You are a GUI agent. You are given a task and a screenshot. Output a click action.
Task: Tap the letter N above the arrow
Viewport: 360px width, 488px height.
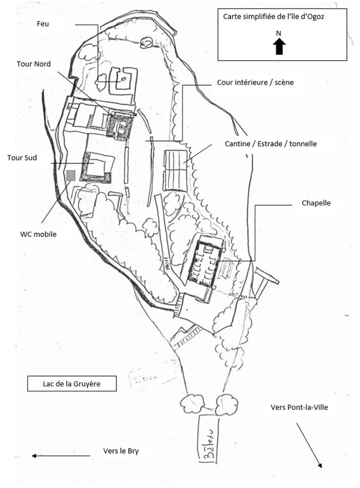click(x=279, y=33)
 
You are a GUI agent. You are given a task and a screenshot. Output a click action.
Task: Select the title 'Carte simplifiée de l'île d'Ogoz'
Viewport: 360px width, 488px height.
click(x=274, y=16)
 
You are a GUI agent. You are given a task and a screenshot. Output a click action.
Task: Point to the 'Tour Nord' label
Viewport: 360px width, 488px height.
click(x=34, y=64)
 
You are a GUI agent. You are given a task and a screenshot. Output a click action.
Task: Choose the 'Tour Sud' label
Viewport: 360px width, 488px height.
click(x=22, y=158)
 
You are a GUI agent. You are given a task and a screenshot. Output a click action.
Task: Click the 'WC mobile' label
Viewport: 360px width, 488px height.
click(x=38, y=234)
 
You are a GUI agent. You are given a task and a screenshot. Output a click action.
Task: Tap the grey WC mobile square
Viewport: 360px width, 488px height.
click(x=70, y=175)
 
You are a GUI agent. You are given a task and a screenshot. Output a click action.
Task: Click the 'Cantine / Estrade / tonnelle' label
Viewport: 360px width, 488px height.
click(x=270, y=144)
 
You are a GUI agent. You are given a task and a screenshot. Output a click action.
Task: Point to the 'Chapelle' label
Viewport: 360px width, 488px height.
click(x=316, y=203)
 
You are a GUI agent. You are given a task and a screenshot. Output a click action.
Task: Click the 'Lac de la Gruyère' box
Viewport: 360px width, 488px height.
click(x=72, y=384)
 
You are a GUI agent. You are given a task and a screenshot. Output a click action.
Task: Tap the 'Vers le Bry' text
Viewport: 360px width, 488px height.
click(x=125, y=451)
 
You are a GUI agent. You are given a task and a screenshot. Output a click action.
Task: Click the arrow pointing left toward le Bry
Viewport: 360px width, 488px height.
click(x=60, y=455)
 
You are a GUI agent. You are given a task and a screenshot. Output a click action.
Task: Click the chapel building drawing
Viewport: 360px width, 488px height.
click(x=205, y=262)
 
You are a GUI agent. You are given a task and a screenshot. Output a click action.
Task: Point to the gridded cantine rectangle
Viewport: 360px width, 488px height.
click(x=175, y=170)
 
